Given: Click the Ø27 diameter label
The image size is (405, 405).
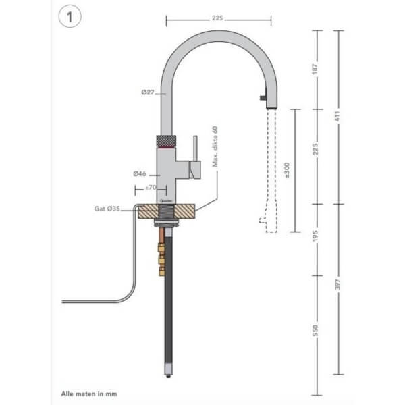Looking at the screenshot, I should click(x=148, y=92).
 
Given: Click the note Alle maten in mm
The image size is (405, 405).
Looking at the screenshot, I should click(x=80, y=391).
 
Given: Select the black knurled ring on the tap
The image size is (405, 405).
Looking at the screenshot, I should click(x=166, y=141).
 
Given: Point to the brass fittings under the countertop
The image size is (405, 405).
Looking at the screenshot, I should click(x=162, y=256).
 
